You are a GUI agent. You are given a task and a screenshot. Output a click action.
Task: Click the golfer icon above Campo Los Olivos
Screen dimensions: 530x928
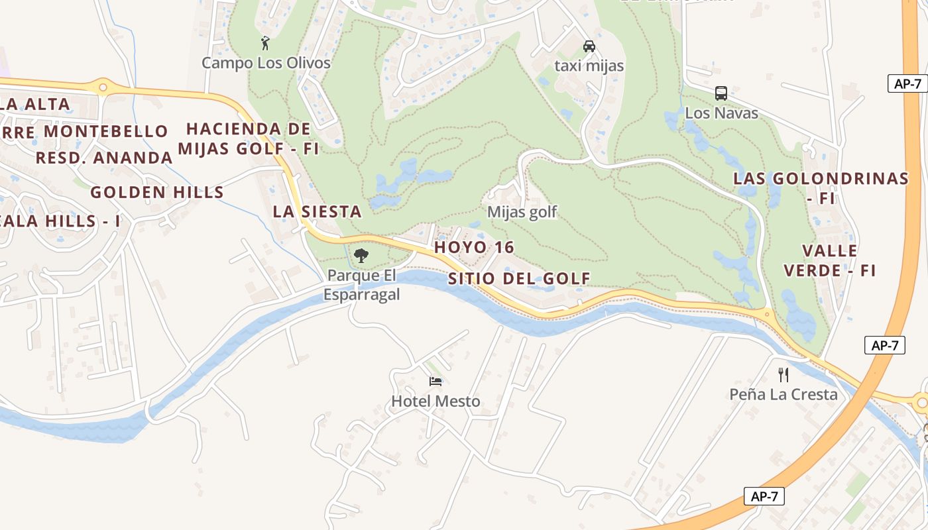tap(266, 44)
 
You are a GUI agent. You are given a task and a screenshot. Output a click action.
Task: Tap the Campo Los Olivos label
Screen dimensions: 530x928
tap(266, 64)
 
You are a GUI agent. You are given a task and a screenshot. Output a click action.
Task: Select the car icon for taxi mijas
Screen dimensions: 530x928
tap(589, 46)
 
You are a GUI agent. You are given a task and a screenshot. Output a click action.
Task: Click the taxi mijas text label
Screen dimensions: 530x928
tap(589, 66)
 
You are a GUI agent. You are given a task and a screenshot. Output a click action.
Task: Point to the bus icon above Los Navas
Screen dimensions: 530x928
tap(721, 93)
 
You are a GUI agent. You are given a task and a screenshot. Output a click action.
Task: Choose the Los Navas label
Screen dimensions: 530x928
tap(721, 113)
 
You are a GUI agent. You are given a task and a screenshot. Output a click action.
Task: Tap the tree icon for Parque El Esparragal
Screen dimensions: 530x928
tap(361, 255)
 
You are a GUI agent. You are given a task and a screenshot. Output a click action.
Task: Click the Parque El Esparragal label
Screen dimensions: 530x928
tap(362, 285)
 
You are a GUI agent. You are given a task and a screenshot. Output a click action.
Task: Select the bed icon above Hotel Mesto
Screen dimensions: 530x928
tap(435, 381)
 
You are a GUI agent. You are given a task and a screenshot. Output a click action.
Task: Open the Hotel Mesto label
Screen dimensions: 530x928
tap(435, 401)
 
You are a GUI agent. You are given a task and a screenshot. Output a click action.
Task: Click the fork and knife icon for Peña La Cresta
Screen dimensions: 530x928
tap(783, 375)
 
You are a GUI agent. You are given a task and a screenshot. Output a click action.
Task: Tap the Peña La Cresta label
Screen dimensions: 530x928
tap(783, 395)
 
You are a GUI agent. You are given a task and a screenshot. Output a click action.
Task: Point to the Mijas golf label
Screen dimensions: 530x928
tap(522, 213)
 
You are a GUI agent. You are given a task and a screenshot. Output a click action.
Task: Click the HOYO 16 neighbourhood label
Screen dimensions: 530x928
tap(474, 247)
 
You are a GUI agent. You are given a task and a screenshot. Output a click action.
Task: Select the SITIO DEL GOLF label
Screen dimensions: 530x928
tap(519, 279)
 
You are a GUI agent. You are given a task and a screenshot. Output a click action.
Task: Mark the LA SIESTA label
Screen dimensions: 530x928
tap(317, 212)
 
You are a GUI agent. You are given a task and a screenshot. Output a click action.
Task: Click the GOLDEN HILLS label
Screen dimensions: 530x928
tap(157, 193)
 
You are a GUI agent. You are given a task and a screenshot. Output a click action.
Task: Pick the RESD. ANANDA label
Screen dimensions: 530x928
tap(104, 158)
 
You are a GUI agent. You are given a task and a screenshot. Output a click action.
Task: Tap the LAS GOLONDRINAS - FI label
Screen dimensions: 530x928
tap(821, 187)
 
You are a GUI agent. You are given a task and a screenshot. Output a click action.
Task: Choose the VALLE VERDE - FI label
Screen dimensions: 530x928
tap(830, 260)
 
